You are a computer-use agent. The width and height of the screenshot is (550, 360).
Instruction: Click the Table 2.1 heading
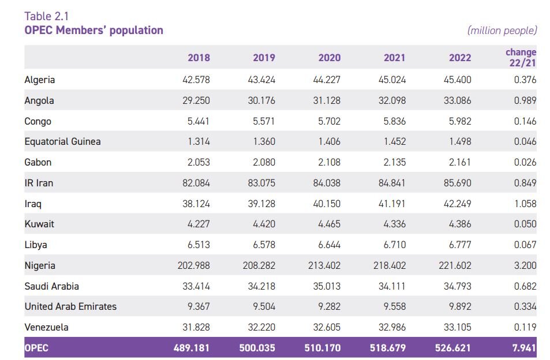[x=47, y=16]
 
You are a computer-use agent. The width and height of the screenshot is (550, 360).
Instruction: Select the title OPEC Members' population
[x=93, y=31]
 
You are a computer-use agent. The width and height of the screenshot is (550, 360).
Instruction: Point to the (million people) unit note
[x=502, y=31]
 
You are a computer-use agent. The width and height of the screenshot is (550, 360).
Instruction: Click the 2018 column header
[x=199, y=58]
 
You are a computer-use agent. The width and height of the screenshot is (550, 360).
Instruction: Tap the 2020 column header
[x=329, y=58]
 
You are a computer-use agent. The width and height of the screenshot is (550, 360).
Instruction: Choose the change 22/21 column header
[x=521, y=58]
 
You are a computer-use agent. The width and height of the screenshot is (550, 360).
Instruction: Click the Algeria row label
[x=40, y=80]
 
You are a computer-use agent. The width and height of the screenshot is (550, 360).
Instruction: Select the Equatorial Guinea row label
[x=62, y=141]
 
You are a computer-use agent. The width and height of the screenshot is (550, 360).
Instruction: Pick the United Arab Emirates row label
[x=70, y=306]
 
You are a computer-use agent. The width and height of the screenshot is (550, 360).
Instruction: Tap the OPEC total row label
[x=37, y=348]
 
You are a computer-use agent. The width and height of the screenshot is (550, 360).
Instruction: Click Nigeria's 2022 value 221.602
[x=454, y=265]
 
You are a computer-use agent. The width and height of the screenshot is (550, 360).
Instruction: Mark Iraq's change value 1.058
[x=525, y=204]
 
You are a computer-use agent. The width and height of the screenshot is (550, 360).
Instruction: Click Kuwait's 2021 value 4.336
[x=394, y=224]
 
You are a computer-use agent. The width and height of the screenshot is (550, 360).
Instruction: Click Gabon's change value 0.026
[x=525, y=162]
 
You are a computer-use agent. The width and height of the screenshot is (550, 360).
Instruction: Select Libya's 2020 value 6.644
[x=329, y=245]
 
